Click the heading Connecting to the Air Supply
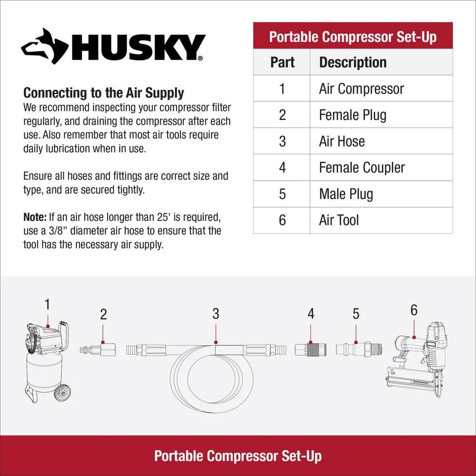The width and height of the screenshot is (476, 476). coord(103,92)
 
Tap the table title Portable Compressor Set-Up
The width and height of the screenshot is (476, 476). coord(353,37)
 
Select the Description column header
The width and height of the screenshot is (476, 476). coord(353,62)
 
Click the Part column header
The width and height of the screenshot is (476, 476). coord(282,62)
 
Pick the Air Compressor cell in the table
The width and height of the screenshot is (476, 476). coord(361,89)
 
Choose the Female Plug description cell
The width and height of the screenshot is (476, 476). coord(352,115)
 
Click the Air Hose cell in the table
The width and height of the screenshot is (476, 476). coord(342,141)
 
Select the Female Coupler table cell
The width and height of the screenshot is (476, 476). coord(362,168)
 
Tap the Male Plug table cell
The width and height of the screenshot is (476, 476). coord(346,194)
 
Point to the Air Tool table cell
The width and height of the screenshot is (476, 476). coord(339,220)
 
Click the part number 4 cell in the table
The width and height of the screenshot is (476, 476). coord(282,168)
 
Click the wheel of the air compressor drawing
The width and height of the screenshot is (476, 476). coord(60,392)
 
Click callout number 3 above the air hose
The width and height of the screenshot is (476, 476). coord(216,314)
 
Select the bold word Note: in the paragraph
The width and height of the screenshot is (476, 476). coord(35,218)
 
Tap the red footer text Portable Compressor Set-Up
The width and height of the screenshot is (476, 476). coord(238,456)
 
